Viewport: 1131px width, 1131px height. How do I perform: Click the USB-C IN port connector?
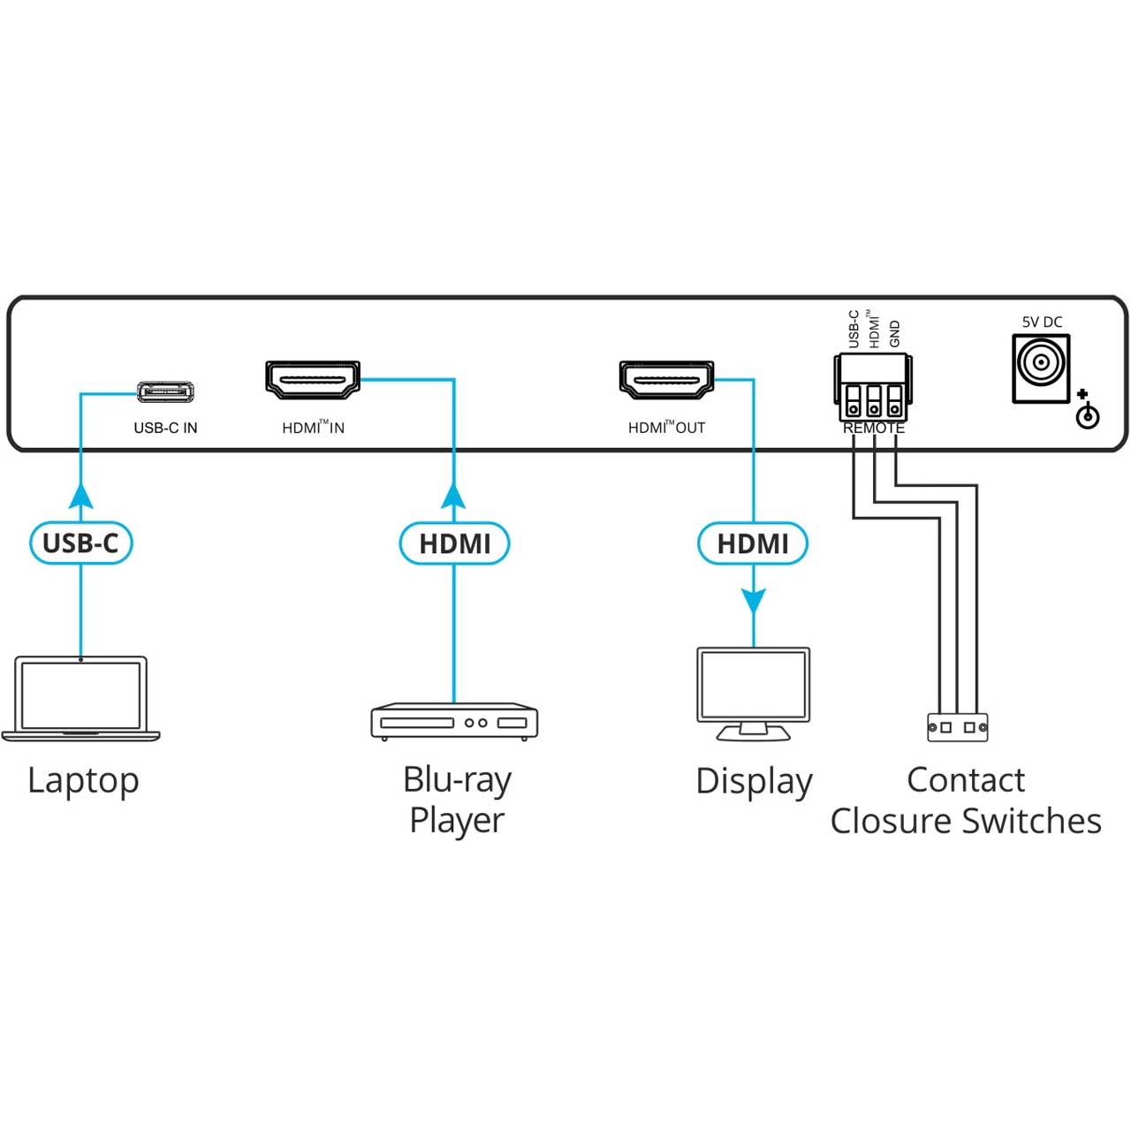(x=165, y=391)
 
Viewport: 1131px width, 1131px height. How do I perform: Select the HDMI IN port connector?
(x=312, y=380)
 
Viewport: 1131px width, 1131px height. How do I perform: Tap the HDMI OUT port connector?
(x=666, y=380)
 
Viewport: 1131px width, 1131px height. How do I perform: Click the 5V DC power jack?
(x=1041, y=368)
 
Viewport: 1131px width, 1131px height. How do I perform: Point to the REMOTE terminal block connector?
(x=873, y=387)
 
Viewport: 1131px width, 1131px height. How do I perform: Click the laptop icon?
(x=81, y=698)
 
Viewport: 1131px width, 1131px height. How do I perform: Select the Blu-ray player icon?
(x=453, y=721)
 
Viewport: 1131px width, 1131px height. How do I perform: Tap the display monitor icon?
(x=753, y=694)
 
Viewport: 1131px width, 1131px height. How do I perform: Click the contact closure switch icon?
(x=957, y=727)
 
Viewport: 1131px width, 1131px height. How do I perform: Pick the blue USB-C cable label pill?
(x=81, y=543)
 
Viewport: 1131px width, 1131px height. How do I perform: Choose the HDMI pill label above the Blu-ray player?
(x=454, y=543)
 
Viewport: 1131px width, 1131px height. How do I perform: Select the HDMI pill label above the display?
(x=753, y=543)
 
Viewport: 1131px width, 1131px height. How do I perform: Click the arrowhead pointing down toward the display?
(x=753, y=602)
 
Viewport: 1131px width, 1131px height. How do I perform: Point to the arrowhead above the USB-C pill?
(x=81, y=496)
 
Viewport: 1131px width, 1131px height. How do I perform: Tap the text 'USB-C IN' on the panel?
(x=165, y=428)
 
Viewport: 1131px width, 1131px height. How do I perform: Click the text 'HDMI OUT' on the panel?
(x=666, y=428)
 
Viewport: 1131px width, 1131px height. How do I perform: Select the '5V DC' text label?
(x=1042, y=322)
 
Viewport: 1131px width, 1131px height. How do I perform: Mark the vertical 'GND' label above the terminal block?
(x=894, y=333)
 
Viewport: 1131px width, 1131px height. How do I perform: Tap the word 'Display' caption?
(x=754, y=782)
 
